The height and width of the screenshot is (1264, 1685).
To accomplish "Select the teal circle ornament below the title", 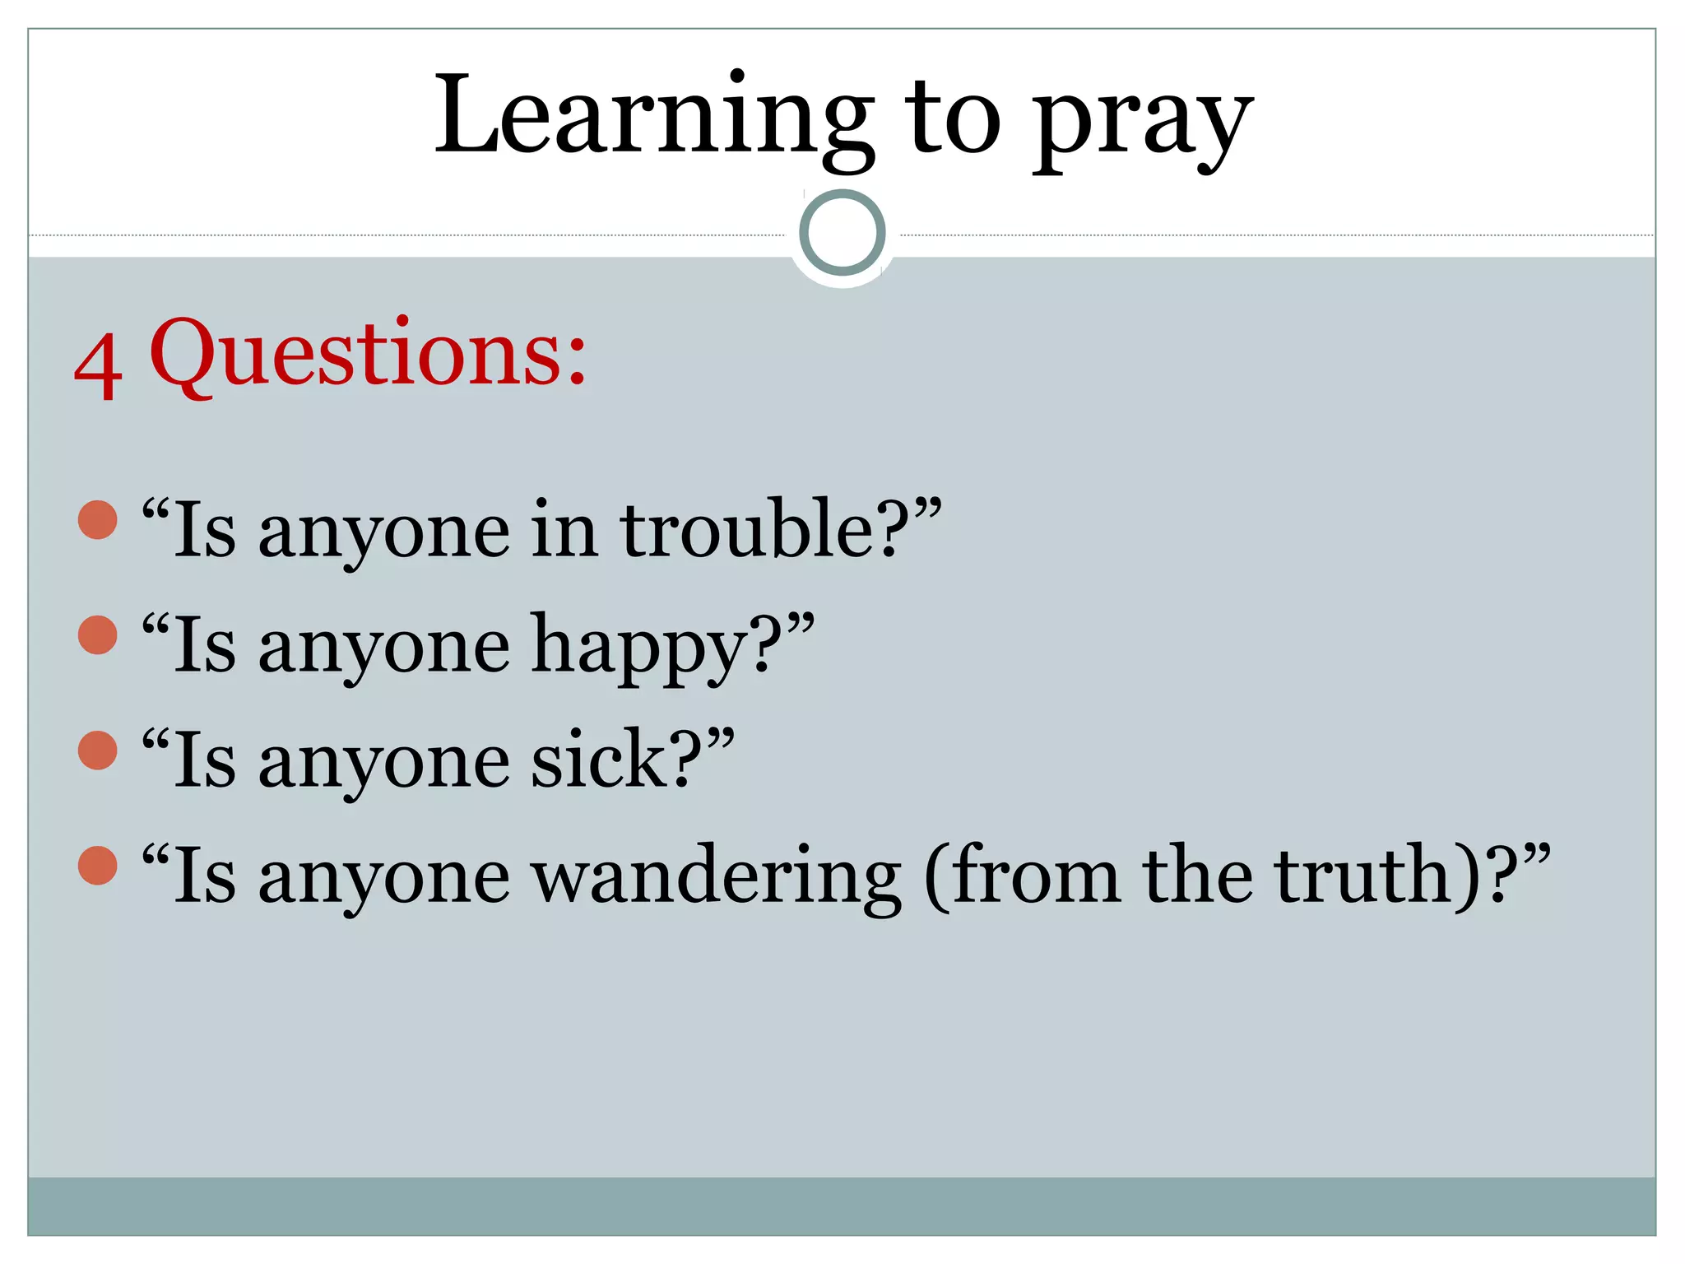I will point(842,233).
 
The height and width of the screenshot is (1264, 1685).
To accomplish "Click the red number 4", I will point(99,367).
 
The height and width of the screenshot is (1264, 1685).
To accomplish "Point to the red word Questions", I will point(368,355).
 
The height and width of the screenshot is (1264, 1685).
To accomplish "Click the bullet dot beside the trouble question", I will point(98,520).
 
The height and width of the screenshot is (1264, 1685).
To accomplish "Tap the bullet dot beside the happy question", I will point(98,635).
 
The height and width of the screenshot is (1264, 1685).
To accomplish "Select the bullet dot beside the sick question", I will point(98,750).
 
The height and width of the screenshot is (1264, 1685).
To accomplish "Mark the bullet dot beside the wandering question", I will point(98,866).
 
